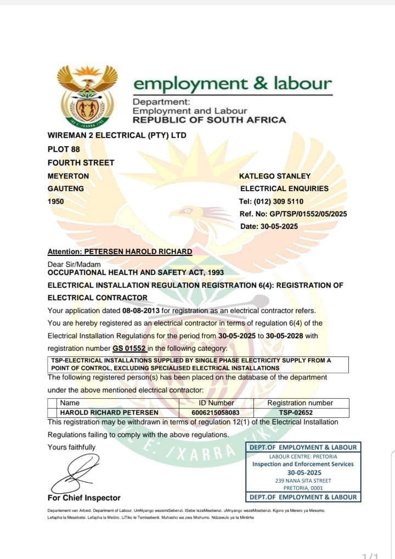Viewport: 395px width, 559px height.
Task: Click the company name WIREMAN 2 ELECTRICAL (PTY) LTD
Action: click(x=117, y=135)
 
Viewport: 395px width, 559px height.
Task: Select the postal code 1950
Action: click(x=56, y=202)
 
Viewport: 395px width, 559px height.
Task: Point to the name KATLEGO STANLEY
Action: click(x=275, y=176)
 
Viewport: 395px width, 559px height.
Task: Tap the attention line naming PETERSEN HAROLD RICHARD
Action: click(x=120, y=251)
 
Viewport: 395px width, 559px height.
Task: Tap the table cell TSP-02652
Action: click(x=300, y=412)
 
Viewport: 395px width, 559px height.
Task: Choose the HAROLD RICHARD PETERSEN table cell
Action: click(x=109, y=412)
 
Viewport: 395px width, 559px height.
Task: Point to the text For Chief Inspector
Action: click(x=84, y=497)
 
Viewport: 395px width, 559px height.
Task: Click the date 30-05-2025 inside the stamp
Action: click(x=304, y=472)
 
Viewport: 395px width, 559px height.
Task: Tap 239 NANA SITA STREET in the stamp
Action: click(x=303, y=480)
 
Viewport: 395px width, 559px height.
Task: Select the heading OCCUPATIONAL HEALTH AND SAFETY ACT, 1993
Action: click(x=136, y=272)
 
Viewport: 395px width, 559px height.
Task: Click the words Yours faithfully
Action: click(x=71, y=447)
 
